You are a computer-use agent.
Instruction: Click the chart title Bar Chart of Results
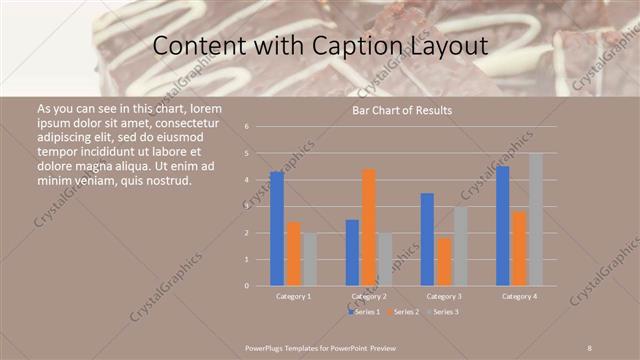click(x=401, y=110)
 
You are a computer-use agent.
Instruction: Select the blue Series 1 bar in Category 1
click(x=277, y=229)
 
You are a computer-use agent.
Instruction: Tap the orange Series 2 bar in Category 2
click(x=369, y=227)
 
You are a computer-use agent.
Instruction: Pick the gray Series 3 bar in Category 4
click(x=536, y=219)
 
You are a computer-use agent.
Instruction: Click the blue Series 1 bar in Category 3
click(x=427, y=239)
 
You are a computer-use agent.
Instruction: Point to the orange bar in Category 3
click(x=443, y=261)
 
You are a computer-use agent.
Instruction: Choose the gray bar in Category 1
click(x=309, y=259)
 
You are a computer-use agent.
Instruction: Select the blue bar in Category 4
click(x=503, y=226)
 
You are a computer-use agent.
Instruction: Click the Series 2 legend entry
click(x=403, y=313)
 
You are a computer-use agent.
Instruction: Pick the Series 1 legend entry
click(x=364, y=313)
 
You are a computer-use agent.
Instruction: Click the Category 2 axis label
click(x=370, y=296)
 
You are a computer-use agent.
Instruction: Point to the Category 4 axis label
click(x=519, y=296)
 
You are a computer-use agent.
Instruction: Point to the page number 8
click(x=589, y=348)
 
